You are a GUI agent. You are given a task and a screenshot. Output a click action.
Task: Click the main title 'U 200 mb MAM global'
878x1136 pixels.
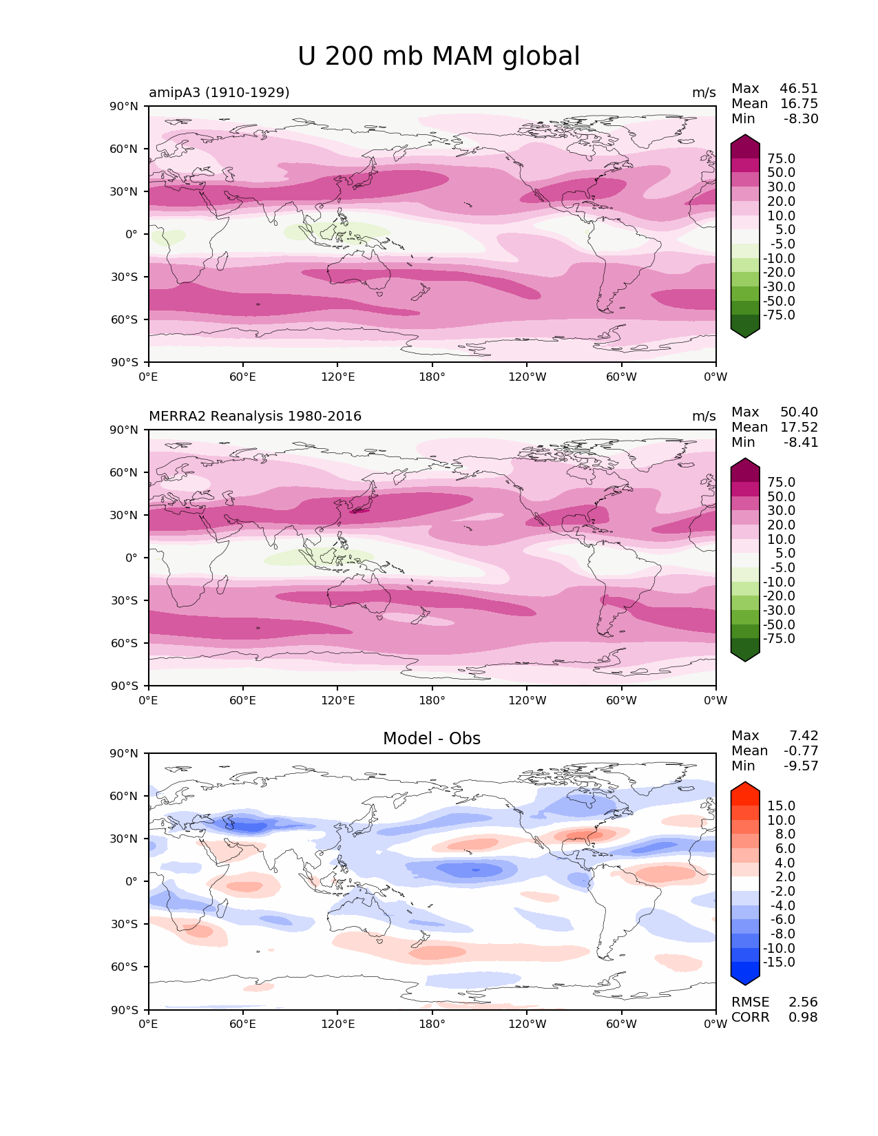(438, 56)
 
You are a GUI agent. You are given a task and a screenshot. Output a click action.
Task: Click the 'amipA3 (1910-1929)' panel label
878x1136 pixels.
(219, 92)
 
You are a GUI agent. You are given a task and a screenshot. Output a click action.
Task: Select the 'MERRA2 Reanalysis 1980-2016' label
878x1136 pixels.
(255, 416)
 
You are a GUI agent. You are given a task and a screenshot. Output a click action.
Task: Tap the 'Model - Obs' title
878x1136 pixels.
(431, 738)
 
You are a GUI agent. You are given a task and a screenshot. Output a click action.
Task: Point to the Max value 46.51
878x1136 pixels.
(799, 88)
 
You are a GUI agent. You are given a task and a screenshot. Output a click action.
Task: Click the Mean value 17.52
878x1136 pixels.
(799, 427)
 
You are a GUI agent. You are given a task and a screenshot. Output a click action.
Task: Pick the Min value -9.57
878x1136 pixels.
(801, 766)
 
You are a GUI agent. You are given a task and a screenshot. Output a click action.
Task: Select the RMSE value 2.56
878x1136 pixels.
(803, 1002)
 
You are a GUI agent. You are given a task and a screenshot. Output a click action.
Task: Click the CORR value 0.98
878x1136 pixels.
(803, 1018)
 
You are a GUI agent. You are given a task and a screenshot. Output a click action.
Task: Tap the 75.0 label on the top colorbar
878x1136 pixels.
(782, 158)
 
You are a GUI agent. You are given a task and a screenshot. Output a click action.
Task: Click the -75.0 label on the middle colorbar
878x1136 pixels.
(779, 638)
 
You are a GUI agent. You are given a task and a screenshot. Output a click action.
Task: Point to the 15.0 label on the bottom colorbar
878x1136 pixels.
(782, 806)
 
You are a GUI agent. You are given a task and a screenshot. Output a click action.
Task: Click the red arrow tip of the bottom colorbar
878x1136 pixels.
(744, 782)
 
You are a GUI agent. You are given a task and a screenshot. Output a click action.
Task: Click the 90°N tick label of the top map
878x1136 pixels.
(124, 107)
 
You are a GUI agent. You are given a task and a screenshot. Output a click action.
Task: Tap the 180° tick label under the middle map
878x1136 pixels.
(432, 700)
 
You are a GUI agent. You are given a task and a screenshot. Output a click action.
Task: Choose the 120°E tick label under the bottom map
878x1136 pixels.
(338, 1024)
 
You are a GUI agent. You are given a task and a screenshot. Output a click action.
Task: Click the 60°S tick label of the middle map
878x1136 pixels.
(125, 643)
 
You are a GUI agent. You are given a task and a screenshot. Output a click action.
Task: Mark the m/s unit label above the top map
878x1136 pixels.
(704, 93)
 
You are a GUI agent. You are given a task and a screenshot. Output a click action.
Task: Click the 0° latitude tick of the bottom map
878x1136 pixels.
(132, 881)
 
